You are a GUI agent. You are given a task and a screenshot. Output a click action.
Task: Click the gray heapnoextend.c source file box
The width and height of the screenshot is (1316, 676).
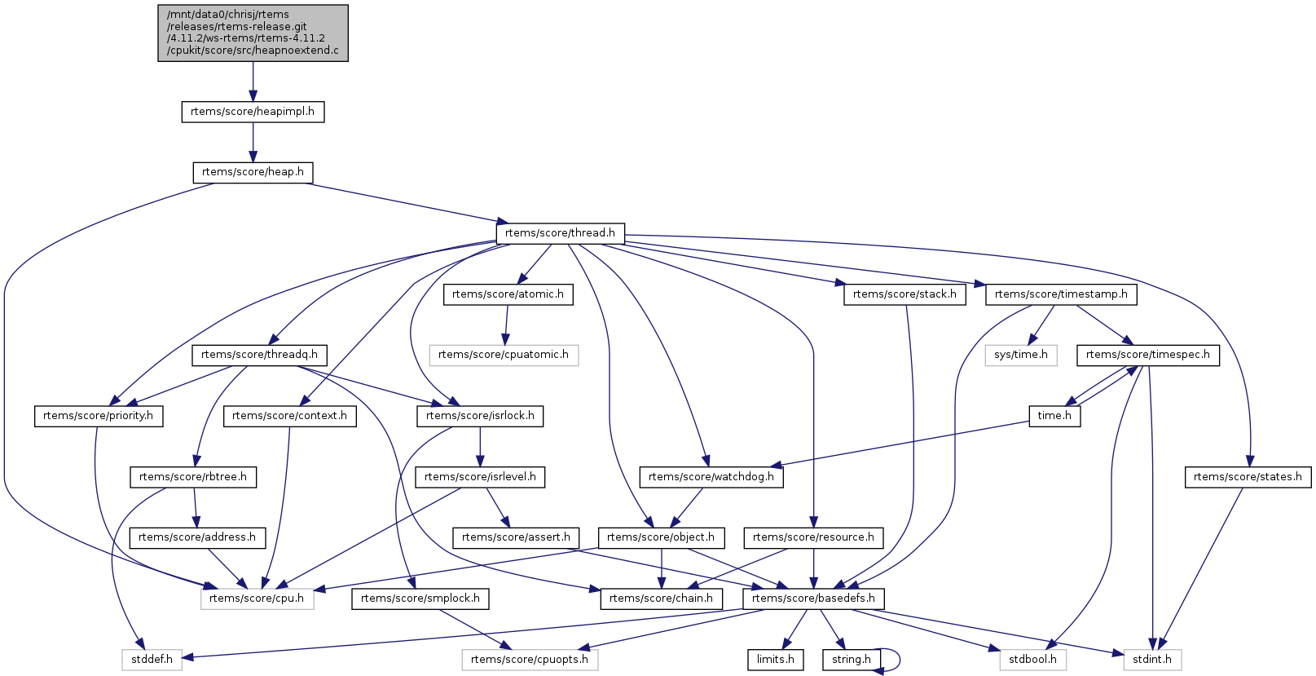[x=253, y=33]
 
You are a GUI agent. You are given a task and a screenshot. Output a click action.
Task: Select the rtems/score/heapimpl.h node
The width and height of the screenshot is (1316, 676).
[x=253, y=112]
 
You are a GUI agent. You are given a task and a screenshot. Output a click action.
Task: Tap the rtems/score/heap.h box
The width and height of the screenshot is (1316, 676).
[x=253, y=172]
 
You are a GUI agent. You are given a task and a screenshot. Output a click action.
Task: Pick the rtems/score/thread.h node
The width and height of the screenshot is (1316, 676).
[x=560, y=233]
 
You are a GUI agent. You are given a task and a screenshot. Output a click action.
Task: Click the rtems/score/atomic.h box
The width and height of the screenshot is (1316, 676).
[x=508, y=294]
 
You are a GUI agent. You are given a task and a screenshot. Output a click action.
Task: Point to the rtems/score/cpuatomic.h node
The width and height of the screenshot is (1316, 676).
[x=504, y=355]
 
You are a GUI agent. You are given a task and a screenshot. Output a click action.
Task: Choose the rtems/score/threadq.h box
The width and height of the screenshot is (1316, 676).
[x=259, y=355]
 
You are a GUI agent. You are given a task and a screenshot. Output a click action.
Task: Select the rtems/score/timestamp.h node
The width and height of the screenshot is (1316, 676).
[x=1061, y=294]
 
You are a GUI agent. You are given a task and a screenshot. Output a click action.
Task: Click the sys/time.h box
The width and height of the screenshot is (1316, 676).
[x=1021, y=355]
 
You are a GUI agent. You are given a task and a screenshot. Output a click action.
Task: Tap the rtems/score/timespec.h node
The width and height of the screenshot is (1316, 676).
[x=1147, y=355]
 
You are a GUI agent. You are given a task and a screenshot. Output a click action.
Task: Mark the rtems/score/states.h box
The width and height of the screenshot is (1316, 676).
[x=1248, y=477]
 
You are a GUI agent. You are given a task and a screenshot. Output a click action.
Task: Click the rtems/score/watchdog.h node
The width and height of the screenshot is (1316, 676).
[x=711, y=477]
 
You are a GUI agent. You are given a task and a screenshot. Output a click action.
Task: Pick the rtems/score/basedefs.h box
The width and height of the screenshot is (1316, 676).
[x=813, y=599]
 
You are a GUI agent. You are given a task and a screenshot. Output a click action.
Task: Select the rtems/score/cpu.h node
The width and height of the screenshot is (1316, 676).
[x=257, y=599]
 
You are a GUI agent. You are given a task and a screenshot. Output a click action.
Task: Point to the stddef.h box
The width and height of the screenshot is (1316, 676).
[x=152, y=660]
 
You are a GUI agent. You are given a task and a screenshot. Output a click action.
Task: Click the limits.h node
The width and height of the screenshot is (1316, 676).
[x=775, y=660]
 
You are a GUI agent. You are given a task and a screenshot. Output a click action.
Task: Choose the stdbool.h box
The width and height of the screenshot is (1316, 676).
[x=1033, y=660]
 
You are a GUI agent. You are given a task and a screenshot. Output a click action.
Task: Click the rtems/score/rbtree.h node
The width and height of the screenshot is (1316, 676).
[x=193, y=477]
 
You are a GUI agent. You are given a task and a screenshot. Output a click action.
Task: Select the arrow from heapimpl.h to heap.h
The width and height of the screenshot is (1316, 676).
[x=253, y=142]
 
